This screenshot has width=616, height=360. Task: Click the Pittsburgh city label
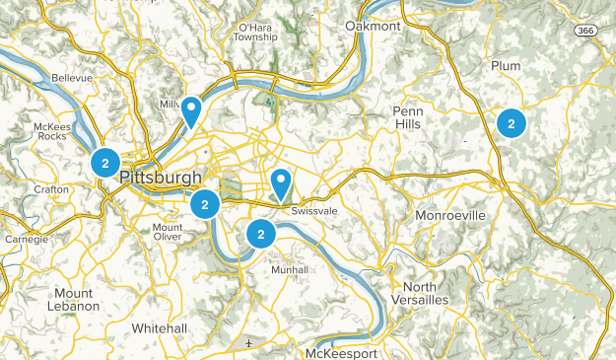(161, 179)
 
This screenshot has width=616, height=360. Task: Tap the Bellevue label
(71, 76)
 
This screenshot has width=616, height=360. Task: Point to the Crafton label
(50, 188)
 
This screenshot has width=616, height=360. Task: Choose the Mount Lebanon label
(74, 300)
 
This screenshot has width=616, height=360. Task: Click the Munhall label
(289, 269)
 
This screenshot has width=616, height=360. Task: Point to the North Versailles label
(421, 293)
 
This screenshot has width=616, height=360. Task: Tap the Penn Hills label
(407, 117)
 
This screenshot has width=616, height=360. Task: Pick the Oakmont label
(374, 26)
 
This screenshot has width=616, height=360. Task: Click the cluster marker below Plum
(511, 123)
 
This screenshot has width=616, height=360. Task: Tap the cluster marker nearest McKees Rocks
(104, 163)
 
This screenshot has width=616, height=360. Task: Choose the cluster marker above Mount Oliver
(204, 205)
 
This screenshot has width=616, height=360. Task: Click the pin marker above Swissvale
(282, 183)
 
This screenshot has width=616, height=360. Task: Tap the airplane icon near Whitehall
(249, 342)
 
